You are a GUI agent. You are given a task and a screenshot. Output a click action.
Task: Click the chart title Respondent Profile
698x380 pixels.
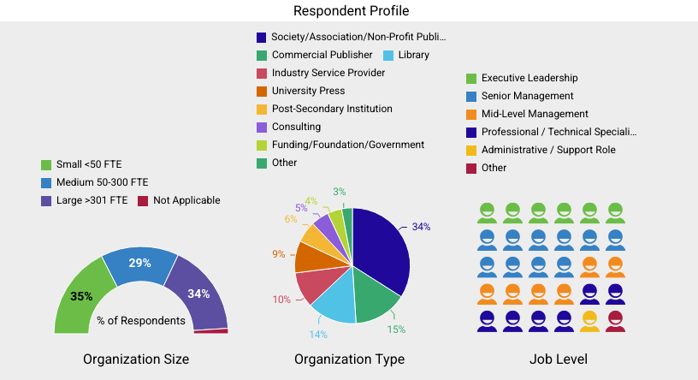point(351,11)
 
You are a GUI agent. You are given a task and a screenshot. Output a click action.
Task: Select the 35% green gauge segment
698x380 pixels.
point(78,299)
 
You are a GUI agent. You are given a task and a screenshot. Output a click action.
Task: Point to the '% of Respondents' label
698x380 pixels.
point(141,321)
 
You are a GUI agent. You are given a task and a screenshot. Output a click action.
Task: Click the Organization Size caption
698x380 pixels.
point(136,359)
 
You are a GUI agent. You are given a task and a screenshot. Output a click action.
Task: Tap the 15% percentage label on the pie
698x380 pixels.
point(396,329)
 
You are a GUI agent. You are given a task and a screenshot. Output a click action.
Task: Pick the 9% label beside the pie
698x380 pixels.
point(279,254)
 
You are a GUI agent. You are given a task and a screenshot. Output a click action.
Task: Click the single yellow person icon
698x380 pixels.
point(589,322)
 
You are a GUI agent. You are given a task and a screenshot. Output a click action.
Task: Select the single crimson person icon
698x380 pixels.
point(615,322)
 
